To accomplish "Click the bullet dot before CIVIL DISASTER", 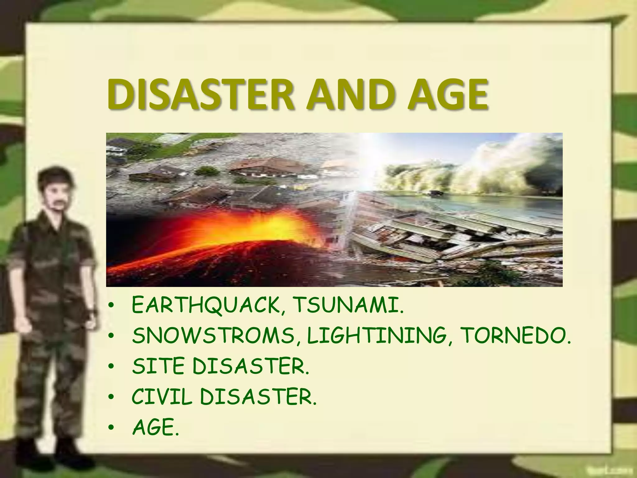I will tap(111, 399).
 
